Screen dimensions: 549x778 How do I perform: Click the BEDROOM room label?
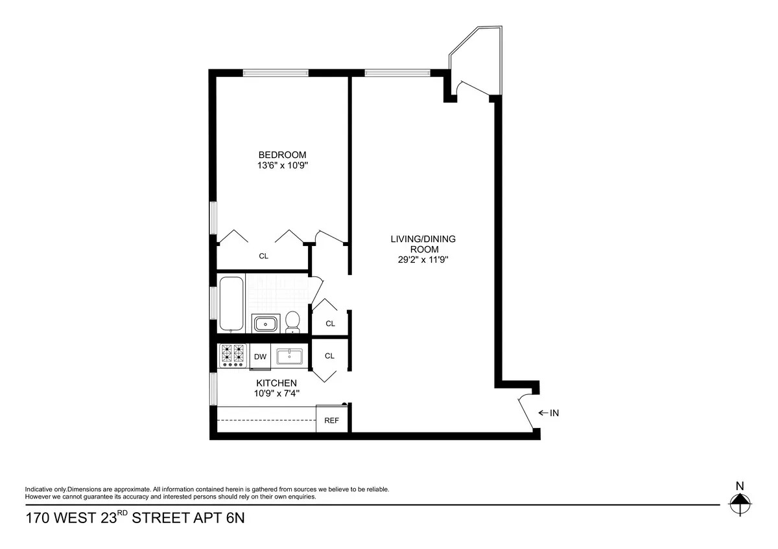[x=282, y=155]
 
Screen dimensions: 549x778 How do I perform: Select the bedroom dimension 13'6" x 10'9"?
[x=282, y=165]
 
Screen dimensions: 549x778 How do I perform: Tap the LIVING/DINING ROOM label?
[x=423, y=244]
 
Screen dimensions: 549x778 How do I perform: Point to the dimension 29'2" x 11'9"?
[x=423, y=260]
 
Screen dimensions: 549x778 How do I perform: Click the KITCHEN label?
[x=276, y=383]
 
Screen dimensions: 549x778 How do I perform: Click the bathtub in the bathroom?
[x=231, y=303]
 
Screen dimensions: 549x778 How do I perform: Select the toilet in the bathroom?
[x=293, y=320]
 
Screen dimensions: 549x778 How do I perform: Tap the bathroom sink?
[x=265, y=323]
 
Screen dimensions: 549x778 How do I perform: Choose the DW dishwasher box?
[x=260, y=356]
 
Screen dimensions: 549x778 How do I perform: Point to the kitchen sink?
[x=290, y=356]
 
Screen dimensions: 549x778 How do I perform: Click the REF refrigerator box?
[x=331, y=420]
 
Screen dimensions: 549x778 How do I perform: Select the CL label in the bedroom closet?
[x=263, y=256]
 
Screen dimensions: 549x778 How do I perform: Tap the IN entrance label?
[x=554, y=412]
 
